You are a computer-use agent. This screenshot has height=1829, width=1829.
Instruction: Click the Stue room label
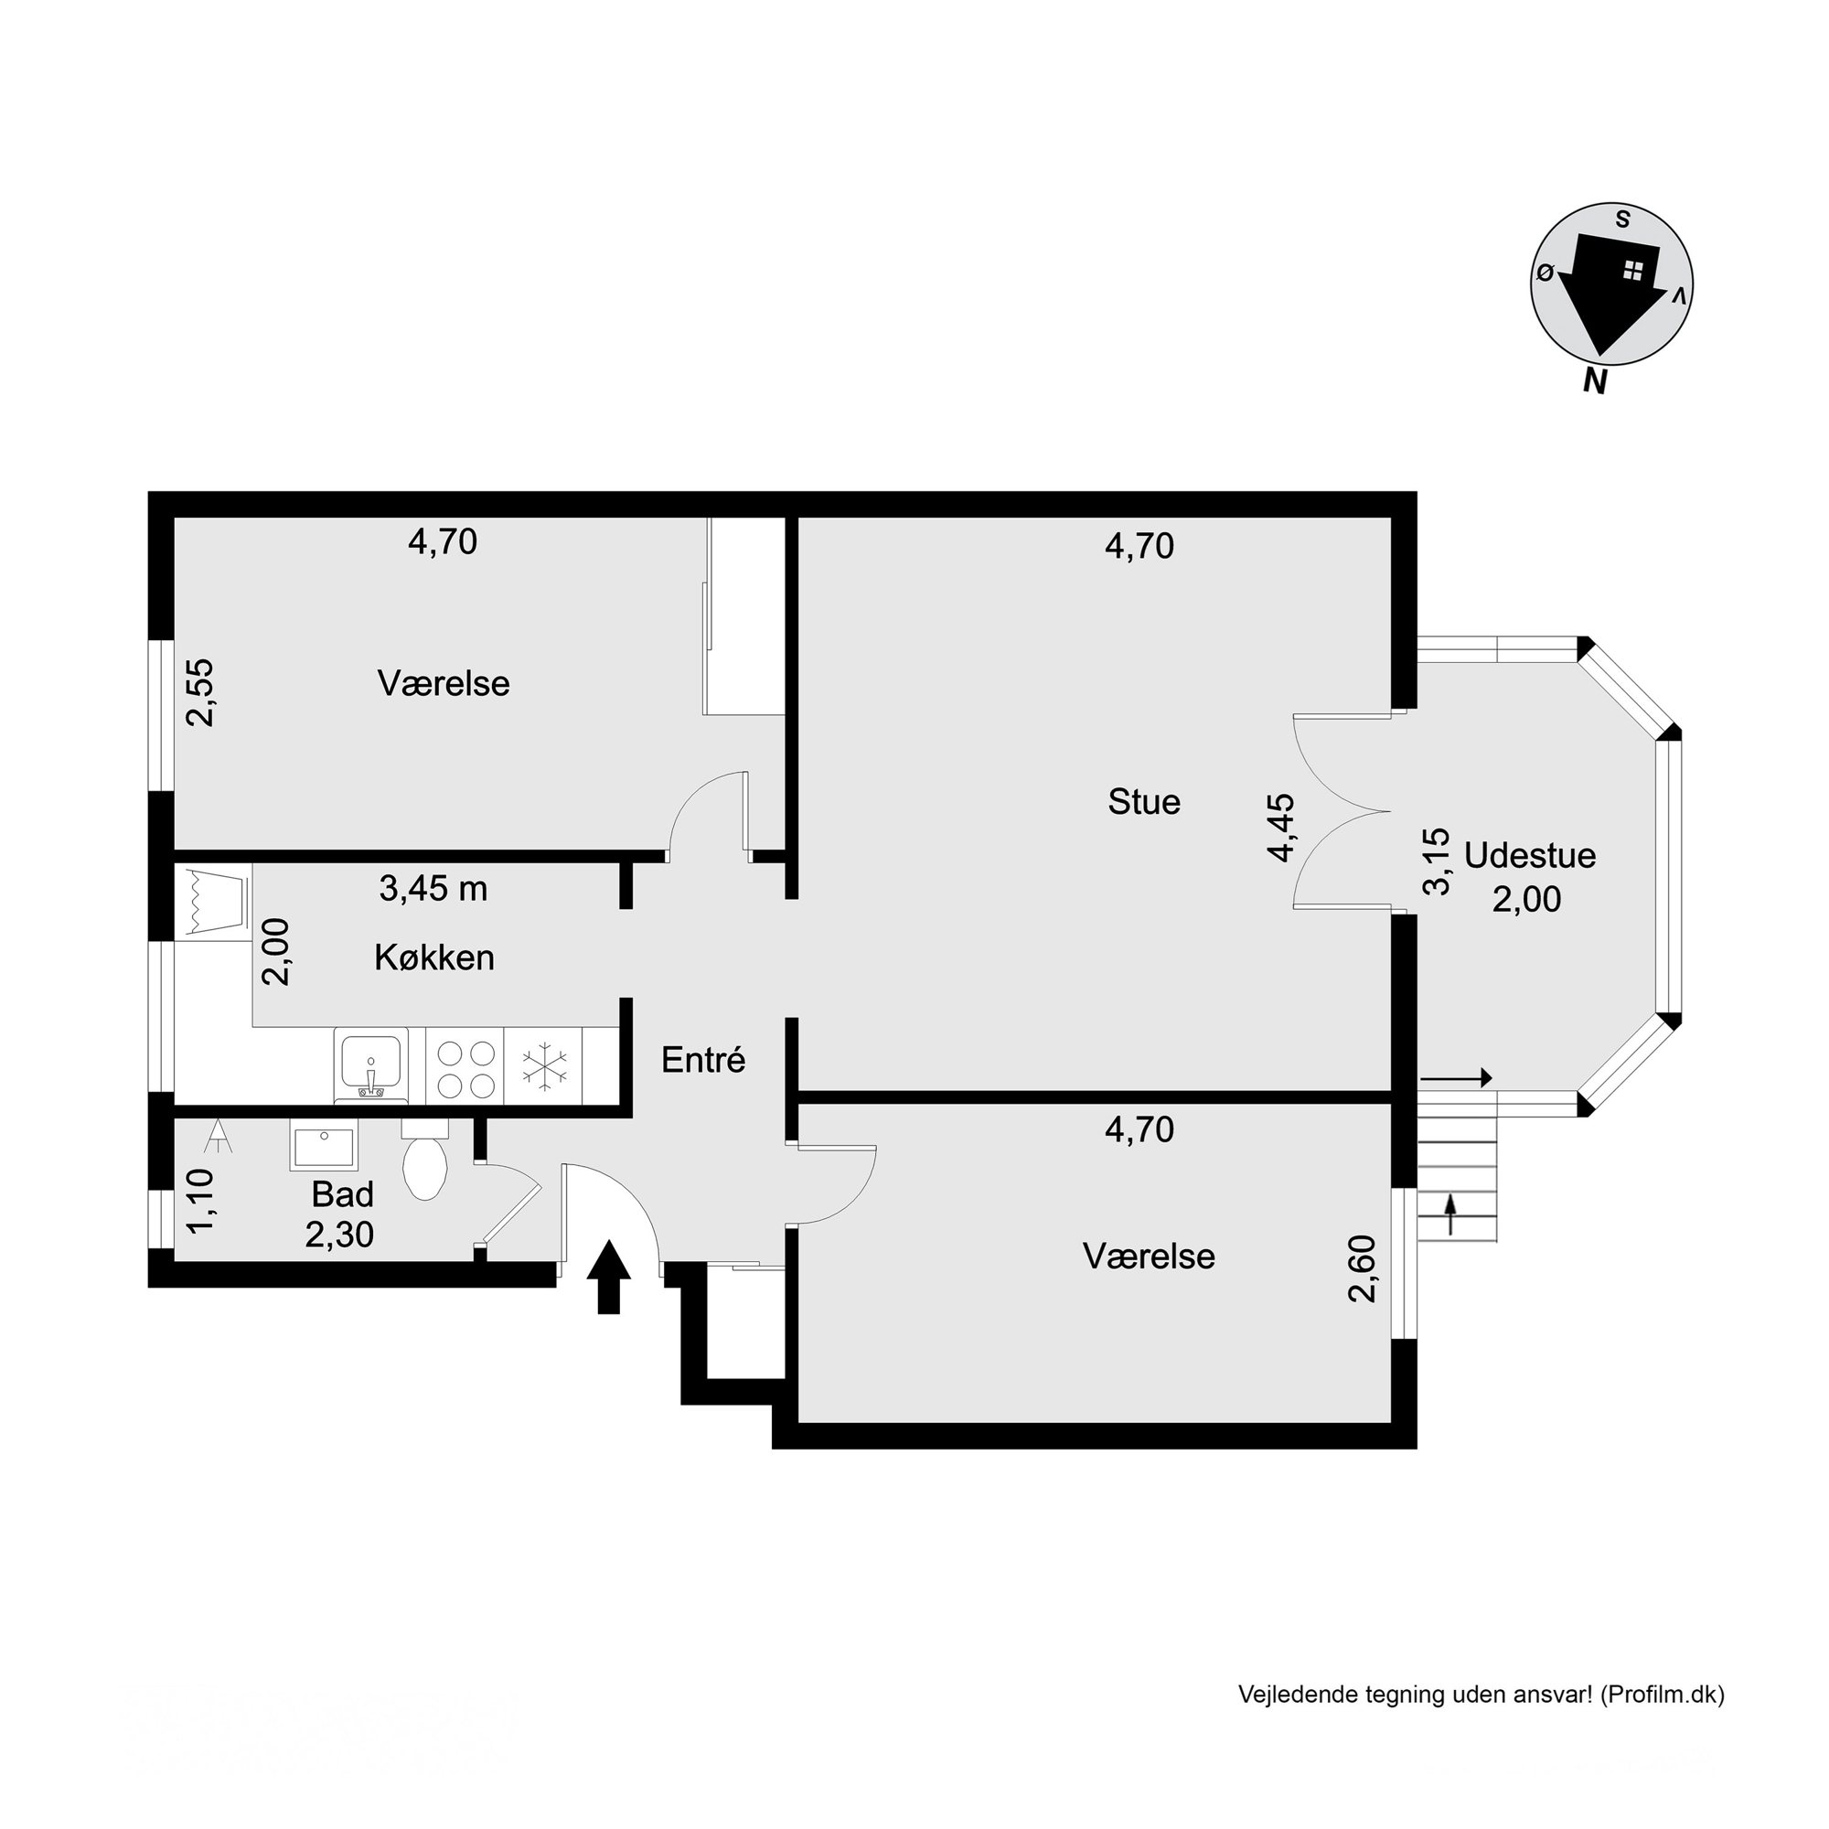click(1144, 802)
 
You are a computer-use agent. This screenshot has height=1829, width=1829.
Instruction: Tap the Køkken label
click(434, 957)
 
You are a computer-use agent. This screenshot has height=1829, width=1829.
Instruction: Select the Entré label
click(703, 1059)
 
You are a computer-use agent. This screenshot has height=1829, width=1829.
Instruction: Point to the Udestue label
click(1530, 855)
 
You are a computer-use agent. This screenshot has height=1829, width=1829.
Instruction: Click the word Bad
click(343, 1193)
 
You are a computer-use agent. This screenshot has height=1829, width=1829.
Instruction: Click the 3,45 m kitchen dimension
click(433, 888)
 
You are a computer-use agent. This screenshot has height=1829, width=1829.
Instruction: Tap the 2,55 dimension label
click(200, 692)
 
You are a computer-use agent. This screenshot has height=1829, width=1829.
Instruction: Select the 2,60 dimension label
click(1363, 1268)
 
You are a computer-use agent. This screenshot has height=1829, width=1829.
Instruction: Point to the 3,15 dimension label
click(1436, 861)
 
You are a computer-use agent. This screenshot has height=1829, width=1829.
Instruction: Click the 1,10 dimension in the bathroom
click(200, 1202)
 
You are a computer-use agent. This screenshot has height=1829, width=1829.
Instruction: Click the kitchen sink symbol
click(371, 1065)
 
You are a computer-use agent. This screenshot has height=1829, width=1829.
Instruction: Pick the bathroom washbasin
click(324, 1146)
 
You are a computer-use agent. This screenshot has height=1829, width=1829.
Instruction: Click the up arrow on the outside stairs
click(1449, 1214)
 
